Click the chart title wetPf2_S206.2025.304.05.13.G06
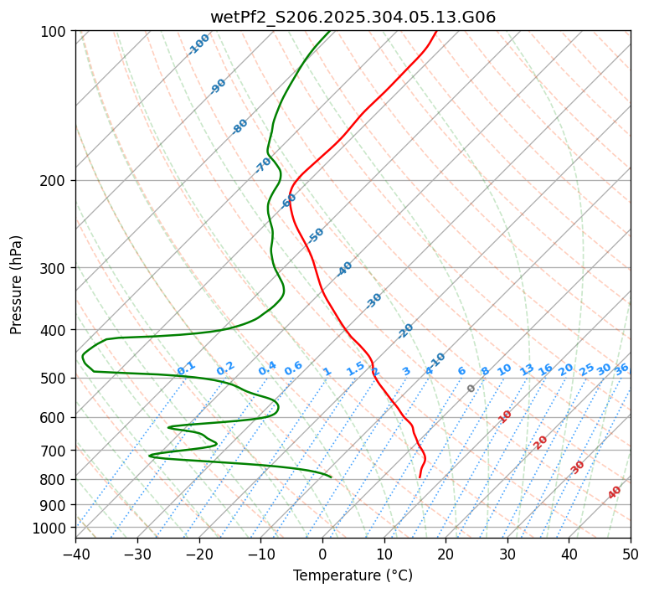pyautogui.click(x=353, y=17)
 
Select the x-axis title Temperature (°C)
pyautogui.click(x=353, y=575)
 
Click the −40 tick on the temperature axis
pyautogui.click(x=75, y=554)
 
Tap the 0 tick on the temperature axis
pyautogui.click(x=322, y=554)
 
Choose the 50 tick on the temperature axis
pyautogui.click(x=631, y=554)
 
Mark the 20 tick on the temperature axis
pyautogui.click(x=446, y=554)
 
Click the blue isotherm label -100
pyautogui.click(x=199, y=44)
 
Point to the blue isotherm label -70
pyautogui.click(x=263, y=165)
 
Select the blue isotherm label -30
pyautogui.click(x=373, y=301)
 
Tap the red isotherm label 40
pyautogui.click(x=615, y=492)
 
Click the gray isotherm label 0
pyautogui.click(x=471, y=389)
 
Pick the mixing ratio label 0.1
pyautogui.click(x=186, y=368)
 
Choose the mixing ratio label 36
pyautogui.click(x=621, y=369)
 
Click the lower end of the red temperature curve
pyautogui.click(x=420, y=477)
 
